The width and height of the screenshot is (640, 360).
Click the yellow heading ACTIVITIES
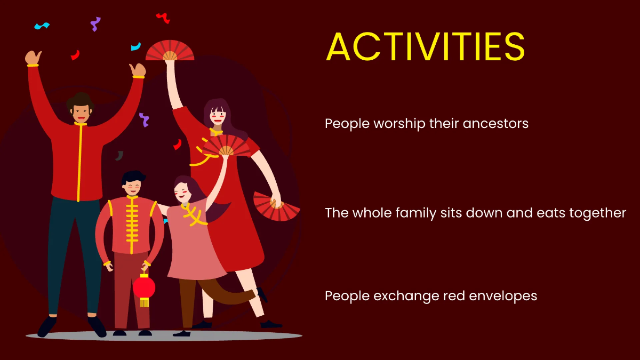[x=425, y=47]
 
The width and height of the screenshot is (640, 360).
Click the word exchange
[x=410, y=295]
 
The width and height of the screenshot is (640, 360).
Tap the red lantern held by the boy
[x=144, y=287]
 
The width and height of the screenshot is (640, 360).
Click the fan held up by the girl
[x=226, y=146]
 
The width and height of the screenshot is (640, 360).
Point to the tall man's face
[x=81, y=111]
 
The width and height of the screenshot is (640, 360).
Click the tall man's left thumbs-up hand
[x=33, y=58]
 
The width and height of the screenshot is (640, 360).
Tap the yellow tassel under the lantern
[x=144, y=302]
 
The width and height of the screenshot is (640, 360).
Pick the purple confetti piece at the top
[x=95, y=23]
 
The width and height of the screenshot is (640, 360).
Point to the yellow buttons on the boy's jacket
[x=131, y=224]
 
